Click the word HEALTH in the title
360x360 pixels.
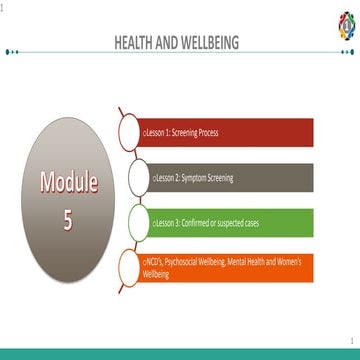pyautogui.click(x=136, y=43)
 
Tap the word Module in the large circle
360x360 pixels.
pyautogui.click(x=69, y=182)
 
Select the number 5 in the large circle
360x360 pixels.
pyautogui.click(x=68, y=219)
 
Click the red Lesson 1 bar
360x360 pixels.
pyautogui.click(x=240, y=131)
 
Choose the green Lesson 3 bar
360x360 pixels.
pyautogui.click(x=240, y=222)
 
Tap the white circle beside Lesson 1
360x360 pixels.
pyautogui.click(x=132, y=132)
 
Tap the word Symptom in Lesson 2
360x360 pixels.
pyautogui.click(x=200, y=177)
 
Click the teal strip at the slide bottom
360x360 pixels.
pyautogui.click(x=180, y=353)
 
